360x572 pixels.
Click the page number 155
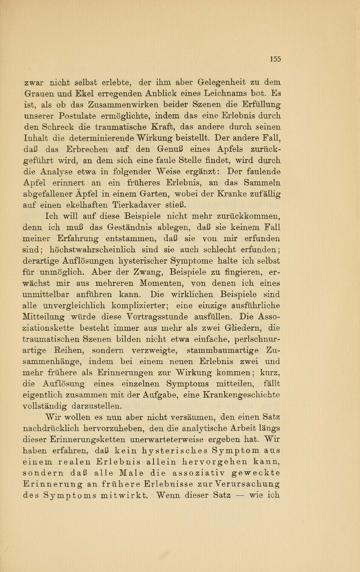pos(275,59)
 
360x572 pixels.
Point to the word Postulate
pos(77,116)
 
